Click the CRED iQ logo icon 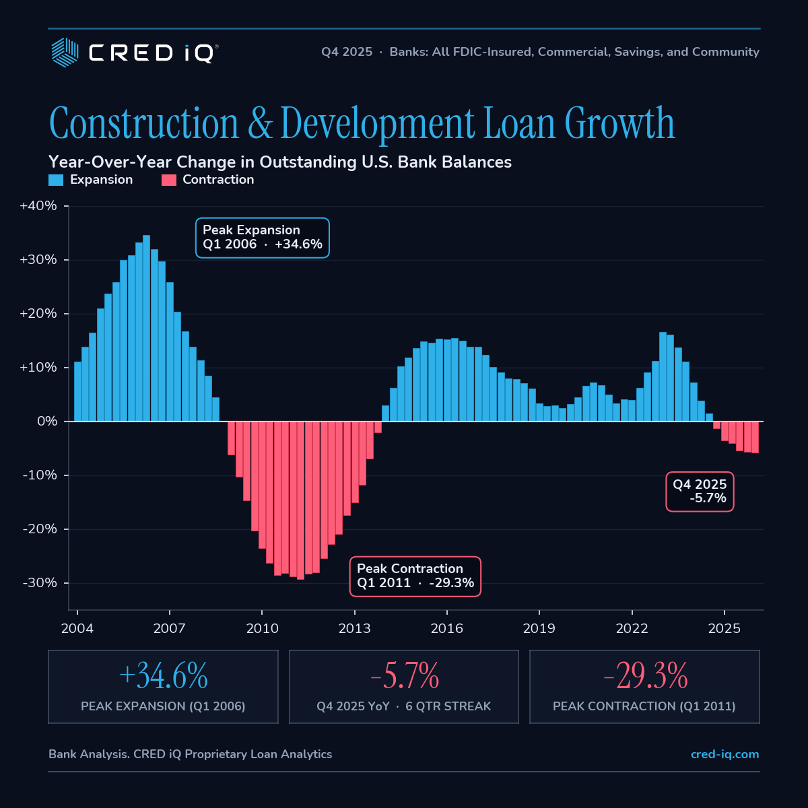[x=65, y=53]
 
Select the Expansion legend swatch [x=56, y=180]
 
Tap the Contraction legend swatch [x=168, y=180]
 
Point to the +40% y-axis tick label [x=38, y=206]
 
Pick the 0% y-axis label [x=47, y=421]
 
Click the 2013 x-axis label [x=354, y=628]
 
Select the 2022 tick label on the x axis [x=632, y=628]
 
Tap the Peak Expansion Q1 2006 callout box [x=263, y=238]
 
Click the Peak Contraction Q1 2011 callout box [x=415, y=576]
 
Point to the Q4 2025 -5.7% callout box [x=700, y=492]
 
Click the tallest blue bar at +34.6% [x=146, y=328]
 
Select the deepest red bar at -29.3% [x=300, y=501]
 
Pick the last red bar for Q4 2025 [x=755, y=437]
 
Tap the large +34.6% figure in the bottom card [x=163, y=675]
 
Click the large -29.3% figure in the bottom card [x=645, y=675]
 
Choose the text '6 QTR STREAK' [x=448, y=706]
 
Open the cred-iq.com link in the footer [x=725, y=754]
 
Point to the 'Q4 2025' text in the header [x=347, y=52]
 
